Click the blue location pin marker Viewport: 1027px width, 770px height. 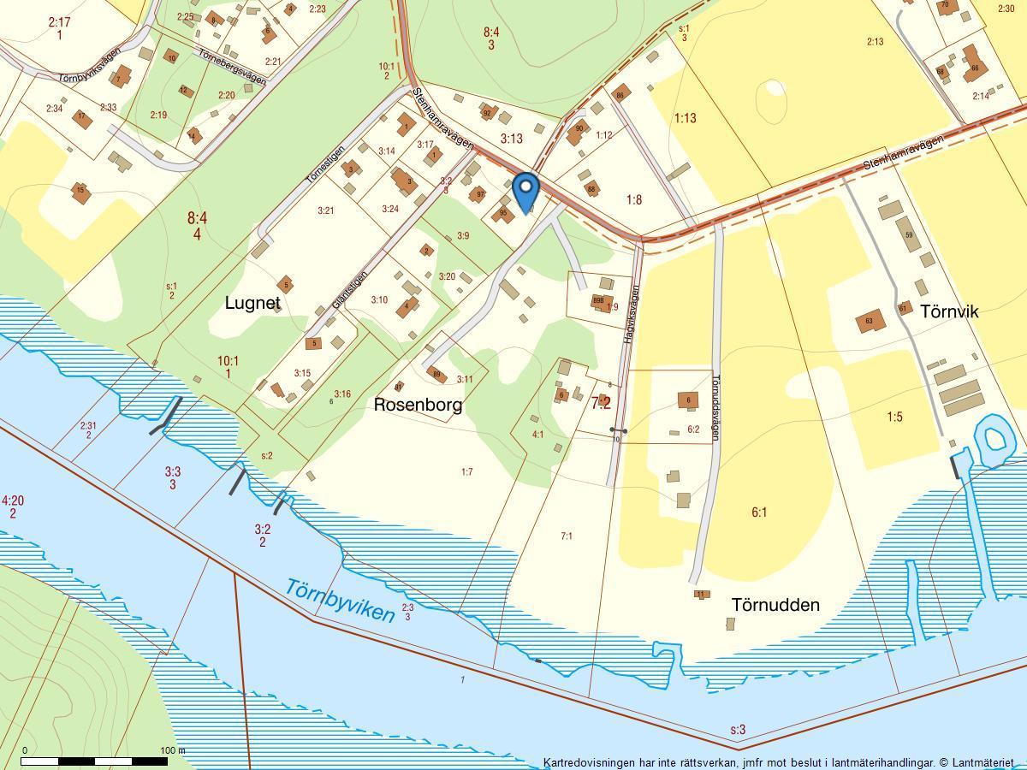pos(525,190)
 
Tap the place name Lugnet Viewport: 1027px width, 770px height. pos(252,303)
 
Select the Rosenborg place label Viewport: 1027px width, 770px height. pos(418,405)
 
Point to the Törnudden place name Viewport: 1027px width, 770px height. pos(775,605)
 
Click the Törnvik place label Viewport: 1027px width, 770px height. pos(949,311)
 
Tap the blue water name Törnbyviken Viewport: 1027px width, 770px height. pos(340,601)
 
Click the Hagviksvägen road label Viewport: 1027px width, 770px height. pos(632,315)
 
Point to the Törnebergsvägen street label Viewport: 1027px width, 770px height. pos(232,67)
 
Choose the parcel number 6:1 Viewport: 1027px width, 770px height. pos(759,512)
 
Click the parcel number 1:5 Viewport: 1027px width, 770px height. pos(894,418)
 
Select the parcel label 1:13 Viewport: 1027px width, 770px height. pos(685,119)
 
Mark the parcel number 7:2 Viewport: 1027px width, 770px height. pos(601,402)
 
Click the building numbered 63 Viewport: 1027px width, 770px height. pos(870,322)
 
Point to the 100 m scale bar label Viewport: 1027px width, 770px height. pos(172,750)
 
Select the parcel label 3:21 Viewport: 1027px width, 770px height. pos(325,210)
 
